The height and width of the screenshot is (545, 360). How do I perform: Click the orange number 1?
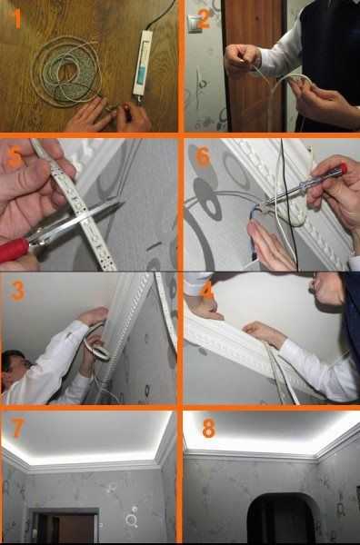pyautogui.click(x=18, y=19)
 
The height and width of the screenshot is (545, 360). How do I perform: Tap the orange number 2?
pyautogui.click(x=204, y=18)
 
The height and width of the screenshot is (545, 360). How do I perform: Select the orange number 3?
pyautogui.click(x=17, y=291)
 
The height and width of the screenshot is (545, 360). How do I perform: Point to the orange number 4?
pyautogui.click(x=207, y=291)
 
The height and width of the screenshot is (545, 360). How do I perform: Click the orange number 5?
pyautogui.click(x=15, y=158)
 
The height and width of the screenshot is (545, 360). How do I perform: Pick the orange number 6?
pyautogui.click(x=203, y=157)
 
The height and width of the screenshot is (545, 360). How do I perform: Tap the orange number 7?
pyautogui.click(x=18, y=428)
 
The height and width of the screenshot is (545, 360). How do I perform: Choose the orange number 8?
pyautogui.click(x=209, y=428)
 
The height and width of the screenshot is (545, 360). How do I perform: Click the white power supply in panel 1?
pyautogui.click(x=142, y=63)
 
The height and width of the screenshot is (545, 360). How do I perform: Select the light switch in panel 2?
pyautogui.click(x=195, y=25)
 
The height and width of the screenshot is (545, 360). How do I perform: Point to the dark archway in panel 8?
pyautogui.click(x=281, y=519)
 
